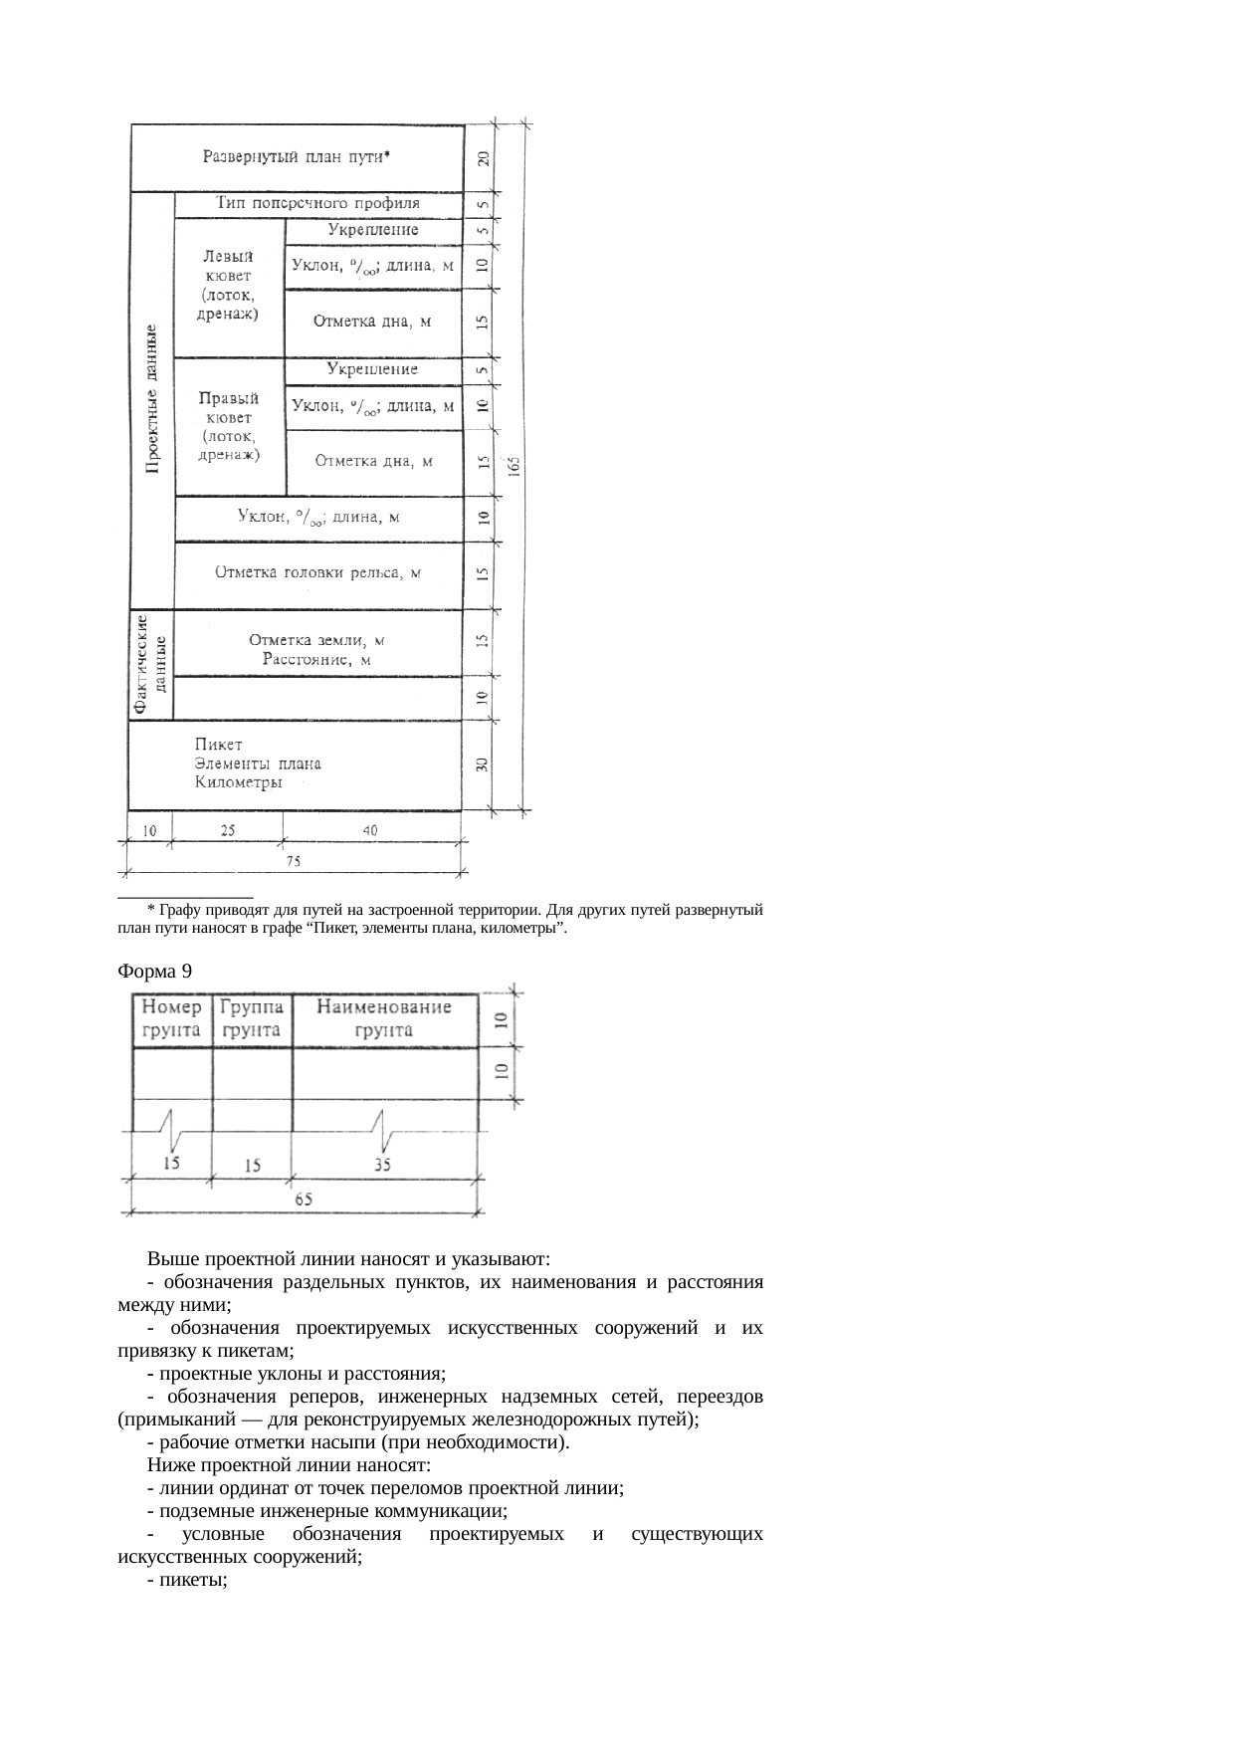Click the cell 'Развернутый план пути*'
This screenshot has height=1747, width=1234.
297,157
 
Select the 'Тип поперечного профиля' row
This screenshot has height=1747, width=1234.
318,203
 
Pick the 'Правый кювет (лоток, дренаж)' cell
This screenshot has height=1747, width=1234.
229,426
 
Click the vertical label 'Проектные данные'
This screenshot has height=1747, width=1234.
152,398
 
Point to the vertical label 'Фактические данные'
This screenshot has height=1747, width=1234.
150,664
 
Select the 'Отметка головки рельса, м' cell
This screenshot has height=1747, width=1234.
318,573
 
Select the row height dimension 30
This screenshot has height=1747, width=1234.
482,764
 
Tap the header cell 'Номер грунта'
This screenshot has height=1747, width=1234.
172,1018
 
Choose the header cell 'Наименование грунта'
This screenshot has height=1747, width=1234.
384,1018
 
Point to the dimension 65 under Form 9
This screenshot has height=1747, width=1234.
304,1201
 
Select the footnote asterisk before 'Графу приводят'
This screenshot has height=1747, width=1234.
149,910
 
